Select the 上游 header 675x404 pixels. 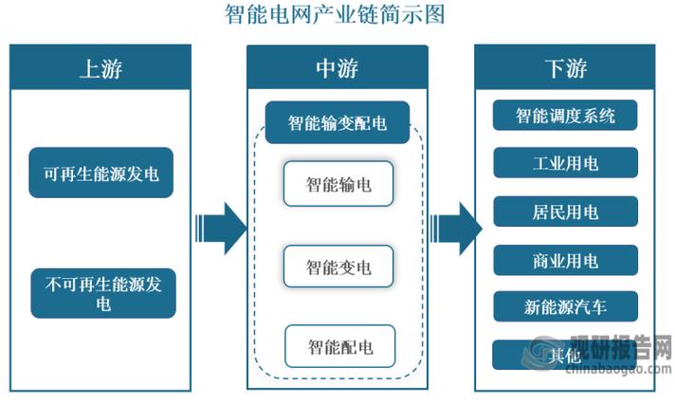[100, 67]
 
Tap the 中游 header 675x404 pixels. [337, 67]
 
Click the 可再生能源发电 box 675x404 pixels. [100, 173]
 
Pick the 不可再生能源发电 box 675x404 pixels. [102, 292]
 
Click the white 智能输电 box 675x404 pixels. [338, 184]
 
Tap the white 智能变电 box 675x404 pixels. [338, 266]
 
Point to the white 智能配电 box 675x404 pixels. [339, 346]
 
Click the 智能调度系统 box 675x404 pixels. [565, 116]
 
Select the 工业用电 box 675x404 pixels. [565, 163]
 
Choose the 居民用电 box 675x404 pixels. [565, 211]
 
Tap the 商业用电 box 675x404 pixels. [565, 259]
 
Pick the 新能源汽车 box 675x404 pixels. [565, 306]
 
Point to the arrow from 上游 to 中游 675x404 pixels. [220, 228]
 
